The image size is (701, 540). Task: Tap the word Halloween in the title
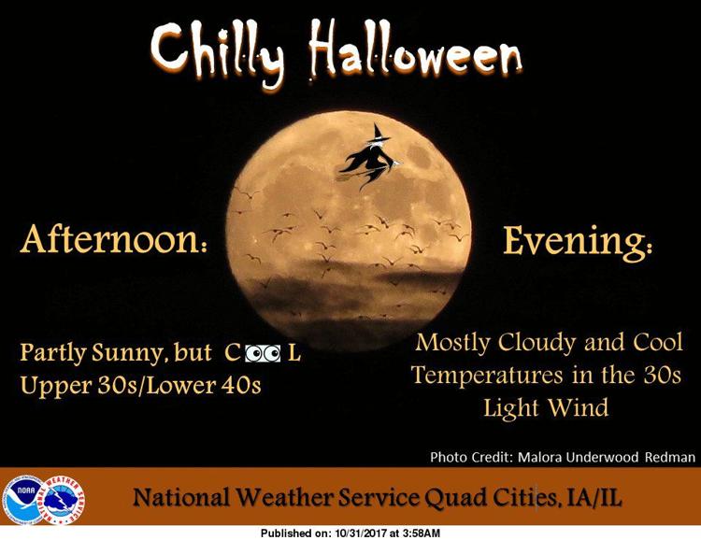coord(415,50)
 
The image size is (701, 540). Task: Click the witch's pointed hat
coord(379,133)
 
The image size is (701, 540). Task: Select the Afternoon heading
coord(114,239)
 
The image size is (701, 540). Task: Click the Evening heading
coord(578,241)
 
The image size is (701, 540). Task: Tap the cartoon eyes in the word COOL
coord(263,353)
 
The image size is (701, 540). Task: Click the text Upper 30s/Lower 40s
coord(140,385)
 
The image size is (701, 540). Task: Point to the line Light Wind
coord(547,407)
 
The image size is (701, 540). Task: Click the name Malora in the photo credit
coord(540,457)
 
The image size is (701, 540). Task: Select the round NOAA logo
coord(22,499)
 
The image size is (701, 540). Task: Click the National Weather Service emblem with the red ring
coord(63,500)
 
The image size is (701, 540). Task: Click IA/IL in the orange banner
coord(594,498)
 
